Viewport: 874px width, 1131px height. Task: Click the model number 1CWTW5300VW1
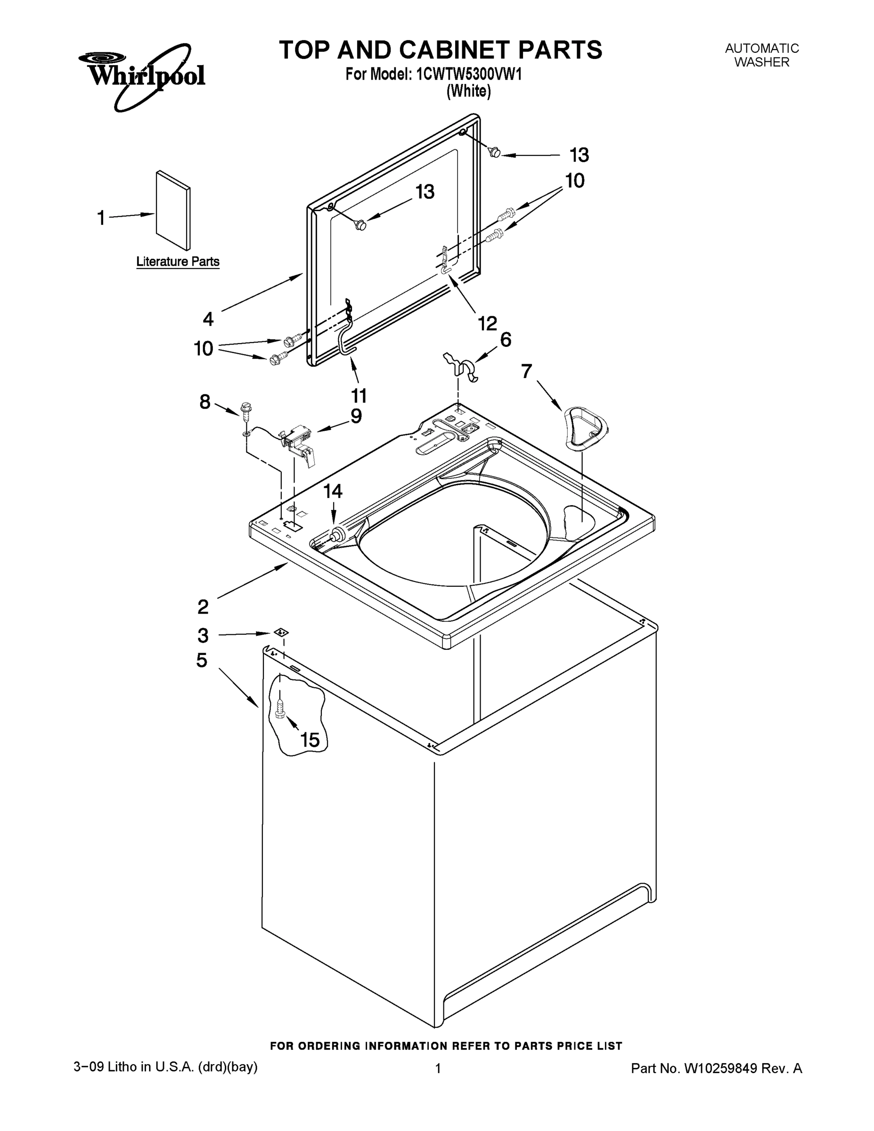(x=469, y=74)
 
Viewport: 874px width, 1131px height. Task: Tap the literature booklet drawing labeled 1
(x=173, y=210)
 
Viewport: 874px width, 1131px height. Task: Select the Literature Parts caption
(x=178, y=262)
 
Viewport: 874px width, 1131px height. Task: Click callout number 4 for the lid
(x=208, y=319)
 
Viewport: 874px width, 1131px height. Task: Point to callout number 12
(x=487, y=324)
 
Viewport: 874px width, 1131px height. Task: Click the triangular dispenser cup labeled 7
(x=585, y=426)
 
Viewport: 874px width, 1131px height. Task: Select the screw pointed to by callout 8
(x=246, y=409)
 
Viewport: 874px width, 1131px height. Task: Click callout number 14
(x=333, y=491)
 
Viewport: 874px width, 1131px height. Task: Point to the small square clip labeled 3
(x=281, y=632)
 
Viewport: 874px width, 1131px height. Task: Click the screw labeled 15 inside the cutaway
(x=280, y=707)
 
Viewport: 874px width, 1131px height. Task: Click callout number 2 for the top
(x=203, y=606)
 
